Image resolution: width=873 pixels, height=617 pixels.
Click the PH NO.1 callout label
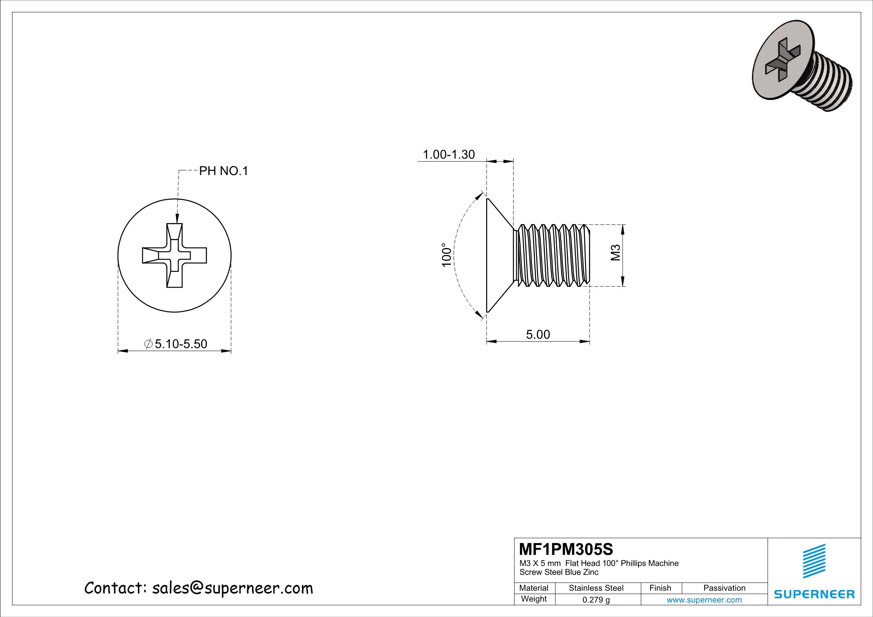coord(223,171)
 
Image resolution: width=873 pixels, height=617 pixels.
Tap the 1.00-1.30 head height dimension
coord(448,154)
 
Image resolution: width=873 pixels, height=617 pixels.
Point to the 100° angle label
coord(447,255)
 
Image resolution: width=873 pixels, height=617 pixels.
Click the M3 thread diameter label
coord(616,253)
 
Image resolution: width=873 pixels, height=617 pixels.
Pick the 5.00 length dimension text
coord(538,334)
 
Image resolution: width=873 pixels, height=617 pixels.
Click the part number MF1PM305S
coord(566,549)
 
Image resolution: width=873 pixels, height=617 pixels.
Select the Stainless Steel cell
coord(596,588)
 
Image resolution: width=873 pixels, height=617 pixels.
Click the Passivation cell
coord(724,588)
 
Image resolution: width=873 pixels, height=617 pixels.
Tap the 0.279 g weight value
coord(596,600)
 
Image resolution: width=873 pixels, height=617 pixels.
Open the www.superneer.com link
coord(704,600)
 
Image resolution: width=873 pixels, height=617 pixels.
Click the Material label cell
coord(534,588)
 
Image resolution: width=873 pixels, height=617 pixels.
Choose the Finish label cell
coord(660,588)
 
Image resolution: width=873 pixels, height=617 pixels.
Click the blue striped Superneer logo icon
coord(814,561)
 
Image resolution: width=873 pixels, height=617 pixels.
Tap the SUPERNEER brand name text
coord(814,594)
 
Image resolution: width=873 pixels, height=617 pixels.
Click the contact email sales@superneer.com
coord(232,588)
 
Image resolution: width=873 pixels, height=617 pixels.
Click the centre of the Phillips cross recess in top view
coord(175,255)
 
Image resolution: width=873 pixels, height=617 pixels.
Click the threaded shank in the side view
coord(552,255)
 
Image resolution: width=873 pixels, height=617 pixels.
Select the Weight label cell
coord(534,599)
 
